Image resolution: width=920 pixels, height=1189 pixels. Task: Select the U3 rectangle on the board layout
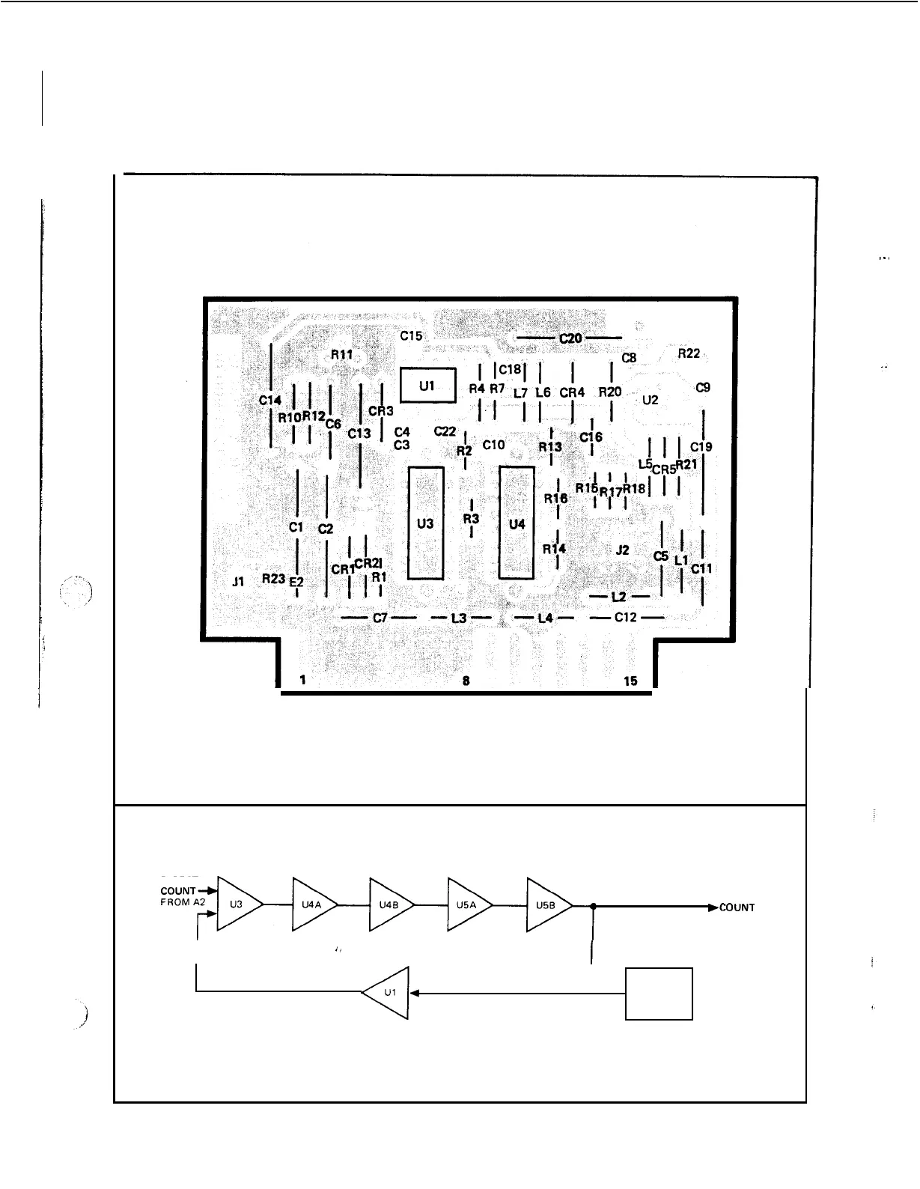(x=425, y=523)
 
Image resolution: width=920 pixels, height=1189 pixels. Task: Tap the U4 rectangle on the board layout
(x=517, y=523)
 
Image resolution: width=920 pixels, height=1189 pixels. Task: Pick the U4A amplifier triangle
(x=313, y=904)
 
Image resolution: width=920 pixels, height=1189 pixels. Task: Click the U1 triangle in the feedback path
(x=388, y=993)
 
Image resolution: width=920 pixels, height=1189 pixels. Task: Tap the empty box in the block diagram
(x=659, y=994)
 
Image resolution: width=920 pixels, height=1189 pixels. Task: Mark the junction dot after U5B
(x=593, y=906)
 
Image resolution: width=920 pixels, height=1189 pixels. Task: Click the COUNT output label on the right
(x=737, y=907)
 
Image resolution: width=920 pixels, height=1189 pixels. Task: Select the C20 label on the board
(x=570, y=338)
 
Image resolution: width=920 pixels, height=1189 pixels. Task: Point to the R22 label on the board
(x=689, y=353)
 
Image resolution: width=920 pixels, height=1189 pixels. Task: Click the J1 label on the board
(x=238, y=580)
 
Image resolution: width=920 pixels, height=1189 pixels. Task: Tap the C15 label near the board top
(x=410, y=336)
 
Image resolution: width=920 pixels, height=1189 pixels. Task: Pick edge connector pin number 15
(x=630, y=681)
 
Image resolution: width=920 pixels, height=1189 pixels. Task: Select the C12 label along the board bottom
(x=626, y=618)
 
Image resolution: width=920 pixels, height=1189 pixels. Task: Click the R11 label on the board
(x=341, y=354)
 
